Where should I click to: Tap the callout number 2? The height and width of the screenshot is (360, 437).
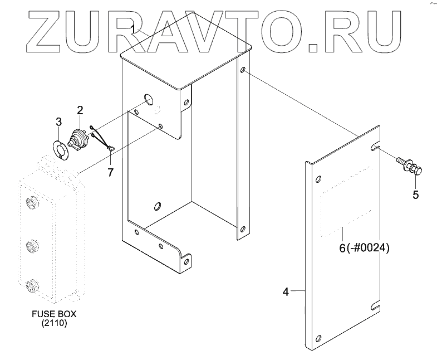coord(80,110)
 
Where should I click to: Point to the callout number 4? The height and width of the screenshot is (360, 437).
coord(286,291)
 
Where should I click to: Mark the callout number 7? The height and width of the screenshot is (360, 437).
coord(110,172)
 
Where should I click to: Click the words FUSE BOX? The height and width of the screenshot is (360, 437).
coord(54,314)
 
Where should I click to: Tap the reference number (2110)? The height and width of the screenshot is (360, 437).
coord(54,324)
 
